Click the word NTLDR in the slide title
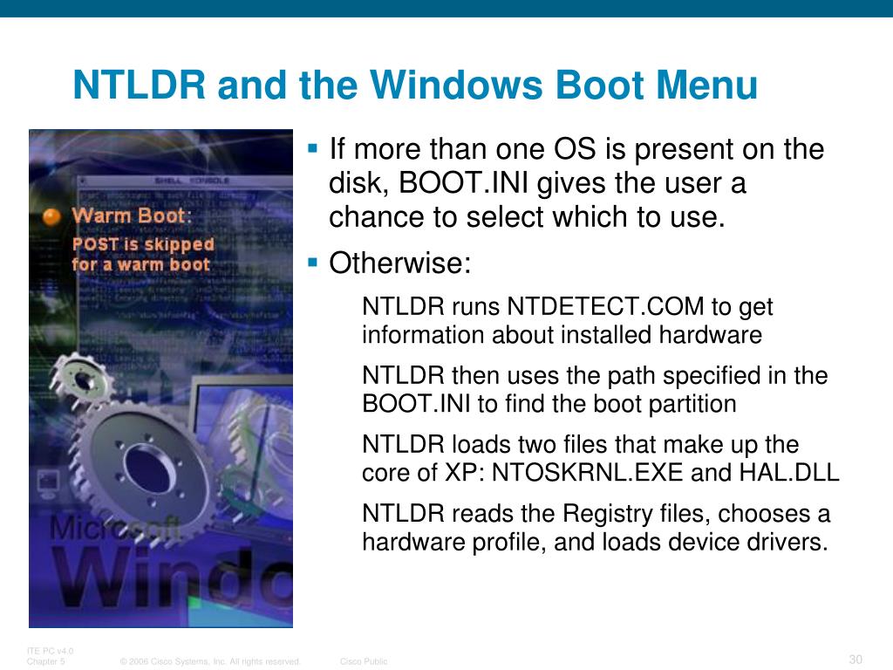click(x=140, y=86)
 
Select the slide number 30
click(x=855, y=658)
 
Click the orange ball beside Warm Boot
click(x=51, y=215)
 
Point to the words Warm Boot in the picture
click(x=128, y=215)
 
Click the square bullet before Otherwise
click(x=314, y=261)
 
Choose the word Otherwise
click(x=399, y=263)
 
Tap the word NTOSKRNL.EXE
click(x=589, y=473)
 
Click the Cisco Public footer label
click(x=364, y=661)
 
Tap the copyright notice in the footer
click(x=210, y=661)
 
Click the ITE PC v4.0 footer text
click(x=51, y=651)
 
